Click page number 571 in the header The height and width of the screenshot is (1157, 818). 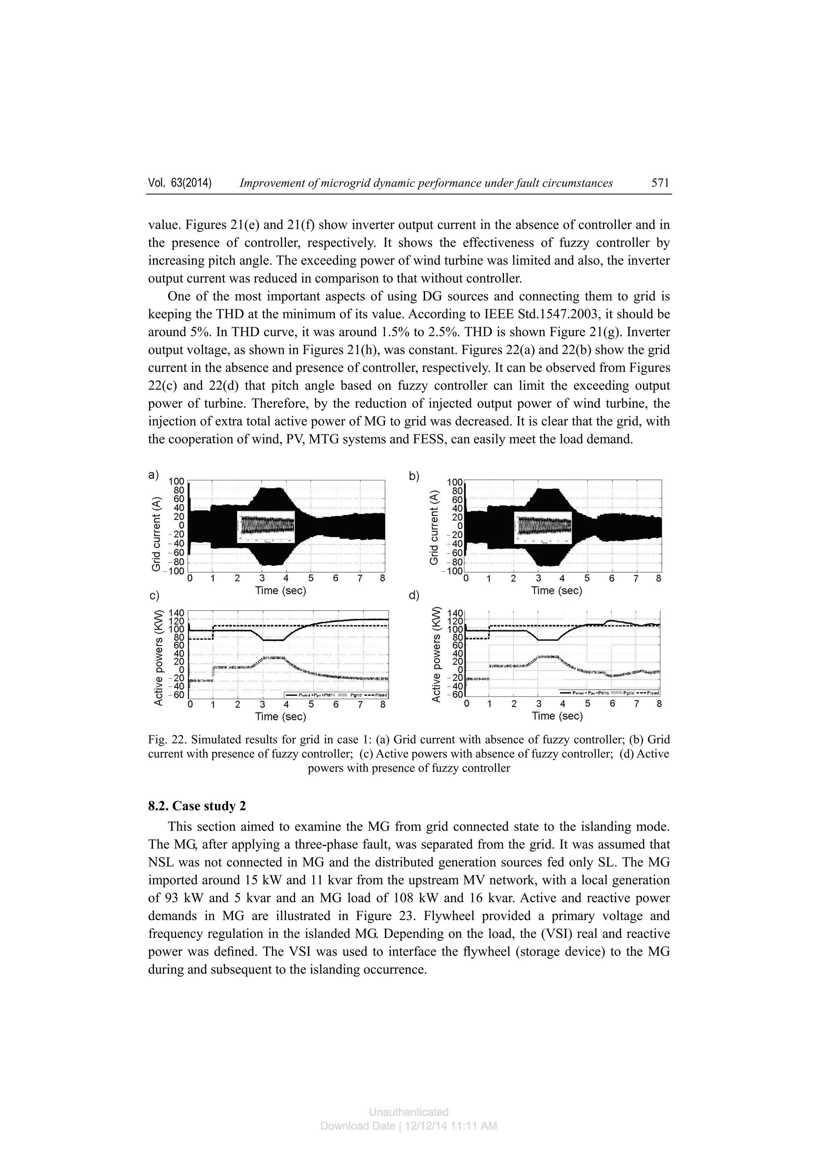(x=660, y=183)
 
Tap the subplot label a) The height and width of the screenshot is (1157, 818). (x=153, y=475)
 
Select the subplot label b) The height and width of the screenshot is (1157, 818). (x=414, y=476)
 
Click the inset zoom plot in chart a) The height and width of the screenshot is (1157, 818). (x=266, y=527)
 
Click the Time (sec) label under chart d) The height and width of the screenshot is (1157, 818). (x=557, y=716)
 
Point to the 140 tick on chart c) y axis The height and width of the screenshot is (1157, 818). (x=179, y=614)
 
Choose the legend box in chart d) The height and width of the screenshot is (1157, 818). (x=609, y=693)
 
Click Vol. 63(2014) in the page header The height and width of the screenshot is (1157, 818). (x=180, y=183)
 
